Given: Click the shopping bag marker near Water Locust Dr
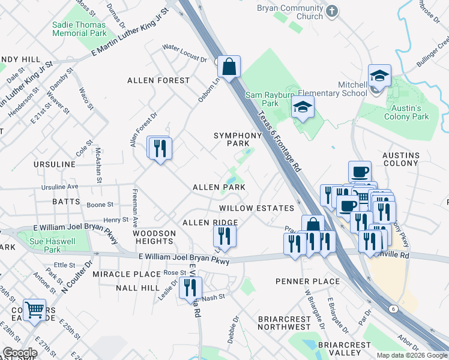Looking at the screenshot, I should pyautogui.click(x=229, y=67).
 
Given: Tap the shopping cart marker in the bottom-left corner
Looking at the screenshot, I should pyautogui.click(x=35, y=310).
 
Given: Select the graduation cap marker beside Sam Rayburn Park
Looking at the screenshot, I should pyautogui.click(x=303, y=109).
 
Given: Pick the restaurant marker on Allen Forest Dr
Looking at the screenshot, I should pyautogui.click(x=160, y=148).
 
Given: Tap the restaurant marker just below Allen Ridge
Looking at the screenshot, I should pyautogui.click(x=224, y=237).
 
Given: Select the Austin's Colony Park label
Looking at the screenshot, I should pyautogui.click(x=407, y=112).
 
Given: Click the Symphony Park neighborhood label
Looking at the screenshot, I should pyautogui.click(x=238, y=139).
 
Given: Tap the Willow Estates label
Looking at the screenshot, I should pyautogui.click(x=256, y=208).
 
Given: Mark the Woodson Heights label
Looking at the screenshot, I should pyautogui.click(x=154, y=237).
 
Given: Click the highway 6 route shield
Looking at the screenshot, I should pyautogui.click(x=394, y=308).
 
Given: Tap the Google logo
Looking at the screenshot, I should pyautogui.click(x=20, y=353).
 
